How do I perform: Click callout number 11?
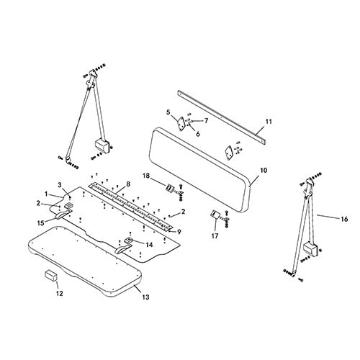[269, 122]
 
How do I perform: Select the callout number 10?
[264, 171]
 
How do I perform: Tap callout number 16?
[344, 219]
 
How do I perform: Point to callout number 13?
[145, 297]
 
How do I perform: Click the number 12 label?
[59, 293]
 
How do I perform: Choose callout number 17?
[215, 236]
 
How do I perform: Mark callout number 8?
[128, 184]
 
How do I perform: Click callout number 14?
[149, 245]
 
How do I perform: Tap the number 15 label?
[41, 223]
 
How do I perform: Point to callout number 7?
[206, 120]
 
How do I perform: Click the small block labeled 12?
[51, 275]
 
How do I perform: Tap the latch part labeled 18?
[169, 188]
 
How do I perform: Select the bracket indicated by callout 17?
[215, 215]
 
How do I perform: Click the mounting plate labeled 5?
[181, 124]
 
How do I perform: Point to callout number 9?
[179, 232]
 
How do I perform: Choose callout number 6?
[197, 134]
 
